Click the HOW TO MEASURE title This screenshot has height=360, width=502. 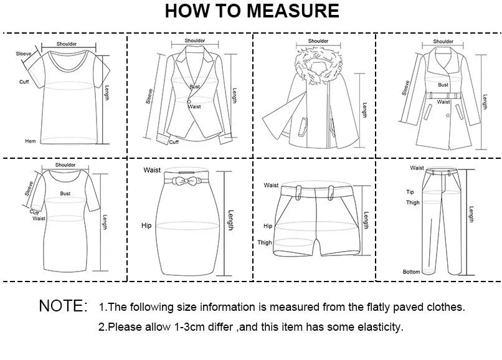click(x=252, y=11)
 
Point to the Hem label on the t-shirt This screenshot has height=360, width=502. click(x=30, y=141)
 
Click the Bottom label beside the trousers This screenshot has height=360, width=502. click(x=411, y=272)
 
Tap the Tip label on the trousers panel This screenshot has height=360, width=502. click(x=410, y=192)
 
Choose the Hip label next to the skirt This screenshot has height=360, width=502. click(x=146, y=225)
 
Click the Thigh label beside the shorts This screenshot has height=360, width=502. click(x=265, y=242)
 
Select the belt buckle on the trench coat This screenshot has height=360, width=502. click(x=443, y=95)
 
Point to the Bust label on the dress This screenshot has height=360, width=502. click(x=65, y=194)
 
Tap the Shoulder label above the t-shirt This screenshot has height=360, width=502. click(x=67, y=44)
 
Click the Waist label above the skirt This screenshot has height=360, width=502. click(x=152, y=170)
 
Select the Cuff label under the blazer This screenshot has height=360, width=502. click(x=174, y=142)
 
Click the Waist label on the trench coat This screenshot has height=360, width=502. click(x=443, y=102)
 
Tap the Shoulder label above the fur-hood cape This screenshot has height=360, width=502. click(x=318, y=41)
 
